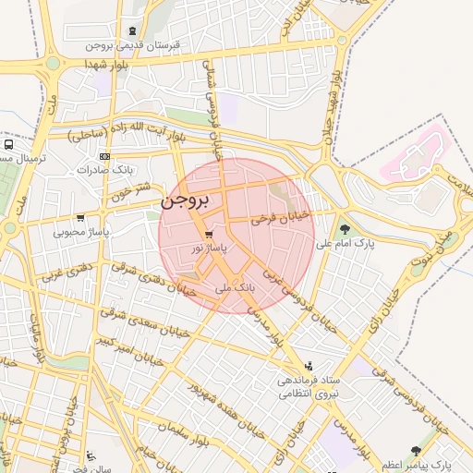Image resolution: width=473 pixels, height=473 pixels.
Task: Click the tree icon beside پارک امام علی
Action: (x=345, y=230)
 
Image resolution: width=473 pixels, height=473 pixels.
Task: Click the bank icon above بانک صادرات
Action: (x=103, y=157)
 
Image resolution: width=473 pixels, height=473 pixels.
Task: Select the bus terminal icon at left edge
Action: (x=7, y=144)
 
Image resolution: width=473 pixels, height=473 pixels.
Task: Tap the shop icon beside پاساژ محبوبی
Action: (x=81, y=219)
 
